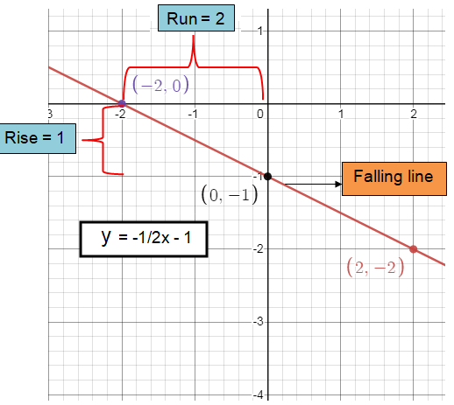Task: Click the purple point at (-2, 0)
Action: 122,103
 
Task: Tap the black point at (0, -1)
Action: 267,177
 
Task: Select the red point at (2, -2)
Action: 413,249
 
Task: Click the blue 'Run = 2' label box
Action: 196,17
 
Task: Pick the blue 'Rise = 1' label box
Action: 37,138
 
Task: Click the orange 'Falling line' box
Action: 394,178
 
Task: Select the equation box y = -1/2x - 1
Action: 144,239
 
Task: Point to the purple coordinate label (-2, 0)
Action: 160,85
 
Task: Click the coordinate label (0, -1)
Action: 230,195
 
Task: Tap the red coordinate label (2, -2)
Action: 375,268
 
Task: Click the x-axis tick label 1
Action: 341,114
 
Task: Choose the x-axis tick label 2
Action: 414,114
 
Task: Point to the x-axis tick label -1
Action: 193,114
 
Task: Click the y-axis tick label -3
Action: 259,322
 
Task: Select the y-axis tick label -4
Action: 259,395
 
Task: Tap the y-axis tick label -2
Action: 259,248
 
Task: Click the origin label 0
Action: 260,114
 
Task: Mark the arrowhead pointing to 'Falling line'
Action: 338,184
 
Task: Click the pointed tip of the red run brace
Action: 193,36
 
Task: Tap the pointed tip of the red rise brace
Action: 82,140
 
